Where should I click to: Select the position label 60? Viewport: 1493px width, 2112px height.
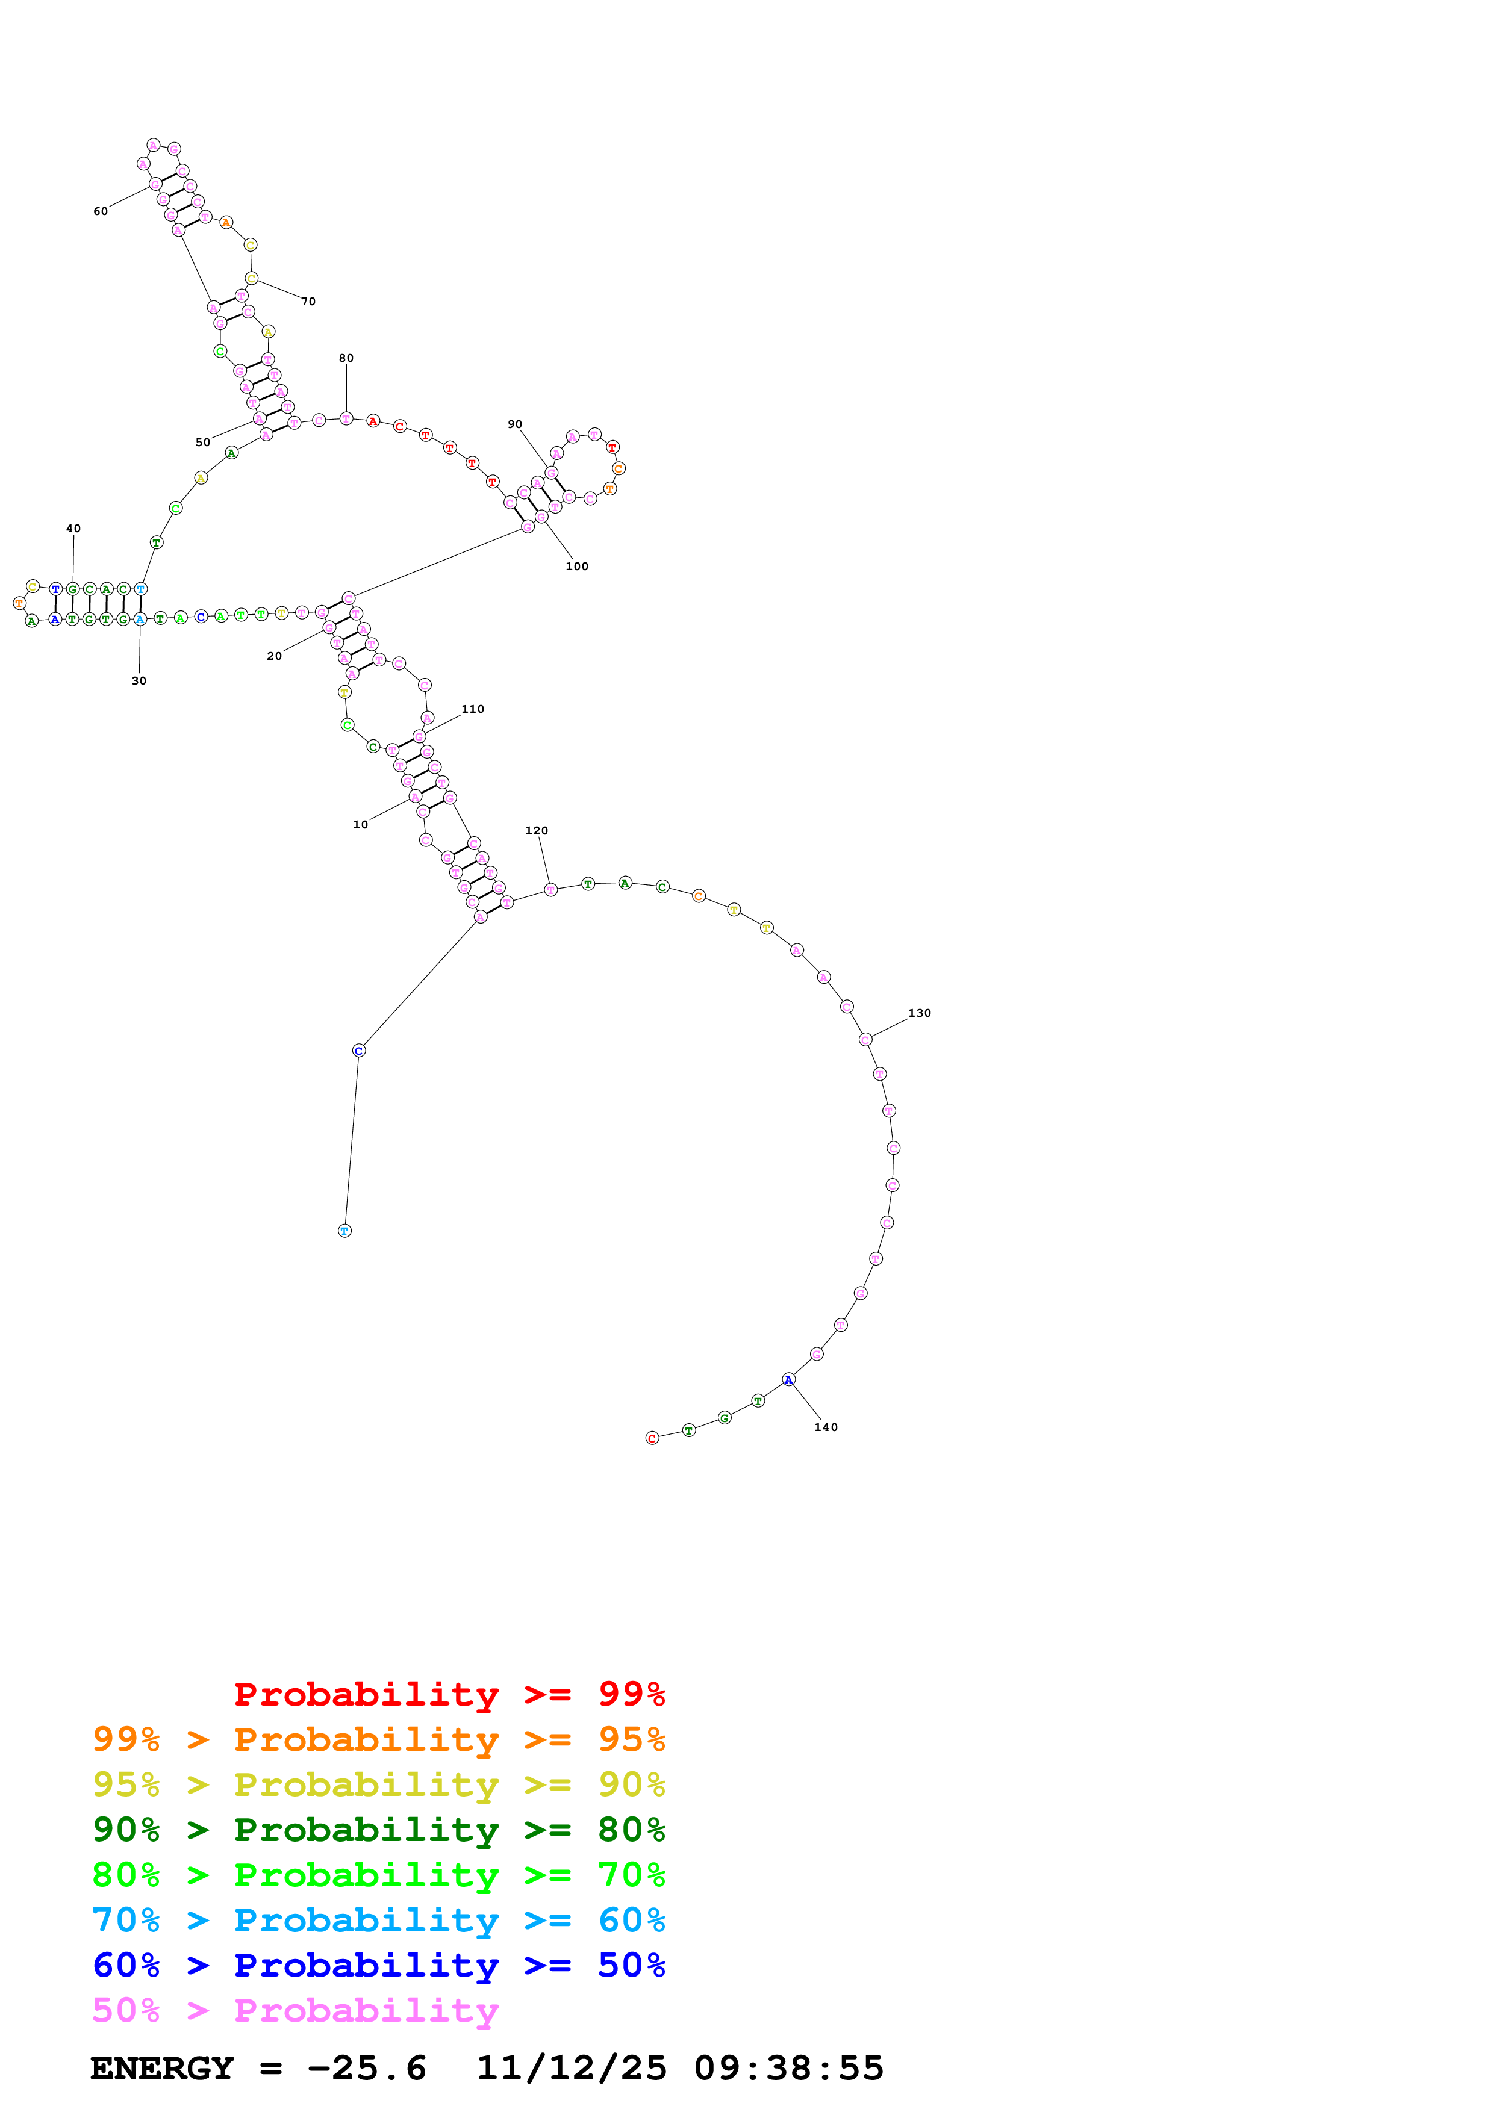[100, 211]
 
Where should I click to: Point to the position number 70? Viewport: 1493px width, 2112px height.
[308, 301]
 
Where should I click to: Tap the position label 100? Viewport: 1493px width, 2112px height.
[577, 566]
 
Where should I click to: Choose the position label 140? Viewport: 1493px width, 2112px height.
[826, 1427]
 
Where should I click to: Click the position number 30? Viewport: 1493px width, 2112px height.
[139, 681]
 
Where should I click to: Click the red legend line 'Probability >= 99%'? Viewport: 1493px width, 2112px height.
[449, 1694]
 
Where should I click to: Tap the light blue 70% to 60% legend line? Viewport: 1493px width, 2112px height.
[378, 1920]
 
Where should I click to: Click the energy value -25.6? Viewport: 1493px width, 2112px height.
[367, 2068]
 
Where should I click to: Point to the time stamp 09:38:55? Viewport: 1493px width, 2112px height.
[788, 2068]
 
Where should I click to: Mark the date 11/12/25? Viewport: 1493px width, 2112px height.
[572, 2068]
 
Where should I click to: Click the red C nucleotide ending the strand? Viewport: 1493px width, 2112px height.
[652, 1438]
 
